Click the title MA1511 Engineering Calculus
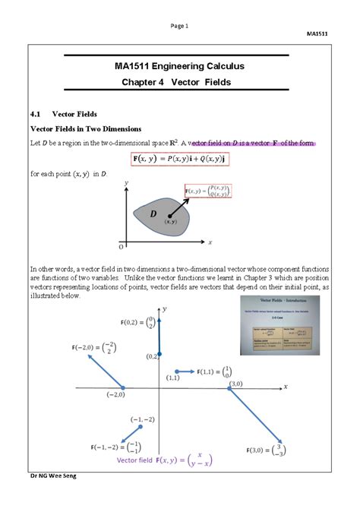(179, 66)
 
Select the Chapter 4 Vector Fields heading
(179, 82)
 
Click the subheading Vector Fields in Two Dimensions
(90, 128)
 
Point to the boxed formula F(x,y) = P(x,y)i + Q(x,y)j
(180, 158)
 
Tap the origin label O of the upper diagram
(120, 248)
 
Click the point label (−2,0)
(115, 395)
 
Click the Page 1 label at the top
(180, 26)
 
